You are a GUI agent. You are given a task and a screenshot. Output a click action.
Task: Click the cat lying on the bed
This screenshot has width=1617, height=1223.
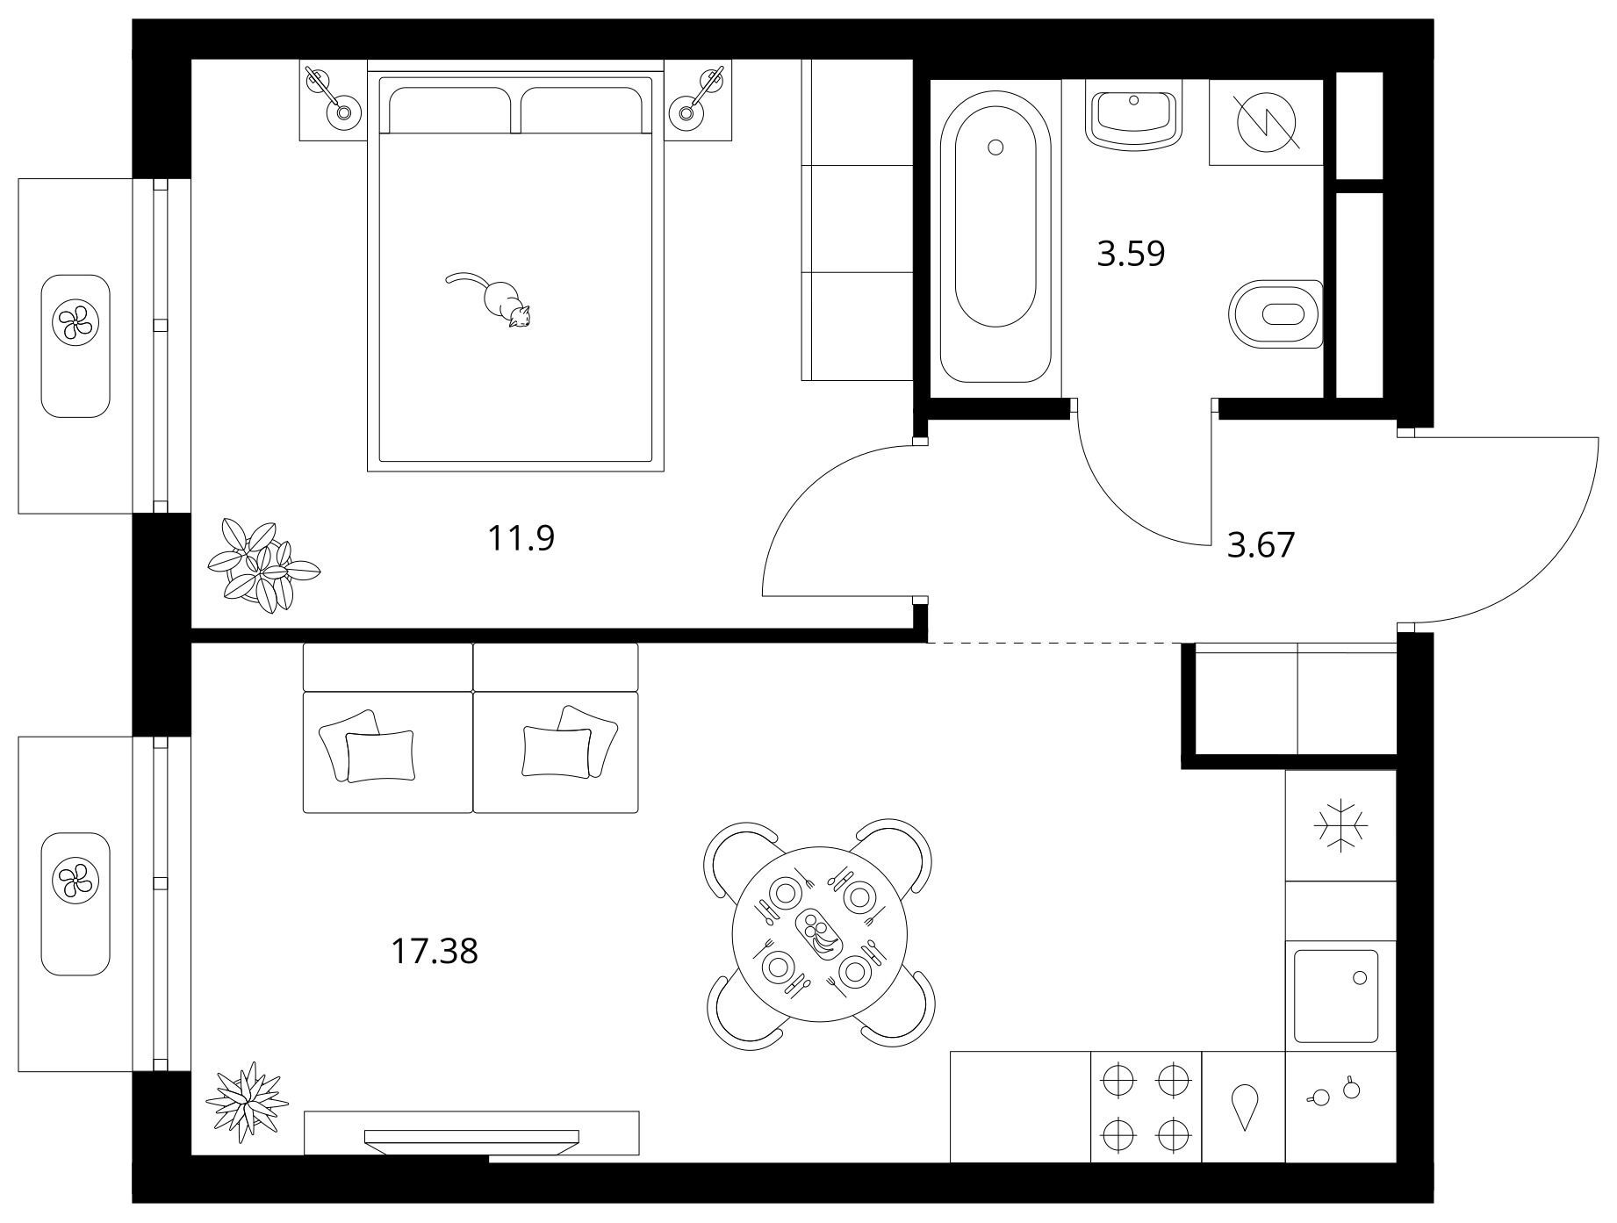pyautogui.click(x=497, y=299)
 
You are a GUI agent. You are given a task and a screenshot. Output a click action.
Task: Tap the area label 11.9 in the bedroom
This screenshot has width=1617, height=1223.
pyautogui.click(x=521, y=538)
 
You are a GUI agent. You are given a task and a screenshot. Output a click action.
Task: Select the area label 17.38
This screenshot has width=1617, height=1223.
pyautogui.click(x=434, y=951)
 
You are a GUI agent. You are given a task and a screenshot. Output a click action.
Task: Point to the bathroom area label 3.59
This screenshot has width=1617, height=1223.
pyautogui.click(x=1131, y=254)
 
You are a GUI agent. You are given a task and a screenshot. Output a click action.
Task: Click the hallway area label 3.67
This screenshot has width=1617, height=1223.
pyautogui.click(x=1261, y=545)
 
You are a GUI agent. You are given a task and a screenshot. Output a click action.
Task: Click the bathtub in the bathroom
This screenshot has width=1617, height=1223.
pyautogui.click(x=995, y=237)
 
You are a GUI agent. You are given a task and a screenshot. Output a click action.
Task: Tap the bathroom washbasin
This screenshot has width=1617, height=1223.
pyautogui.click(x=1134, y=113)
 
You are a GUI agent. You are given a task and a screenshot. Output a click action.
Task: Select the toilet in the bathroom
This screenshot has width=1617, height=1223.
pyautogui.click(x=1278, y=314)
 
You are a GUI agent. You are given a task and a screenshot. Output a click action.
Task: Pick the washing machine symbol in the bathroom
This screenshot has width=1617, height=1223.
pyautogui.click(x=1268, y=121)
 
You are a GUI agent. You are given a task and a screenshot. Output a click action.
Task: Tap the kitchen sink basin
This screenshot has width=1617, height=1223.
pyautogui.click(x=1336, y=996)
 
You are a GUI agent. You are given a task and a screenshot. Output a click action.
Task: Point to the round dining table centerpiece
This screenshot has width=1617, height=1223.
pyautogui.click(x=818, y=933)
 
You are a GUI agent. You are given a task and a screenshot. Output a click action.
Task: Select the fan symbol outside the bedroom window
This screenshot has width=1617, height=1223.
pyautogui.click(x=75, y=321)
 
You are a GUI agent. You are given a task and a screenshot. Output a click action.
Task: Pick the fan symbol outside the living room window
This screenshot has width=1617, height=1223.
pyautogui.click(x=75, y=879)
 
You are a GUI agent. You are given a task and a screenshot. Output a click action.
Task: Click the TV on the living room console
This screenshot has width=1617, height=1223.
pyautogui.click(x=471, y=1139)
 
